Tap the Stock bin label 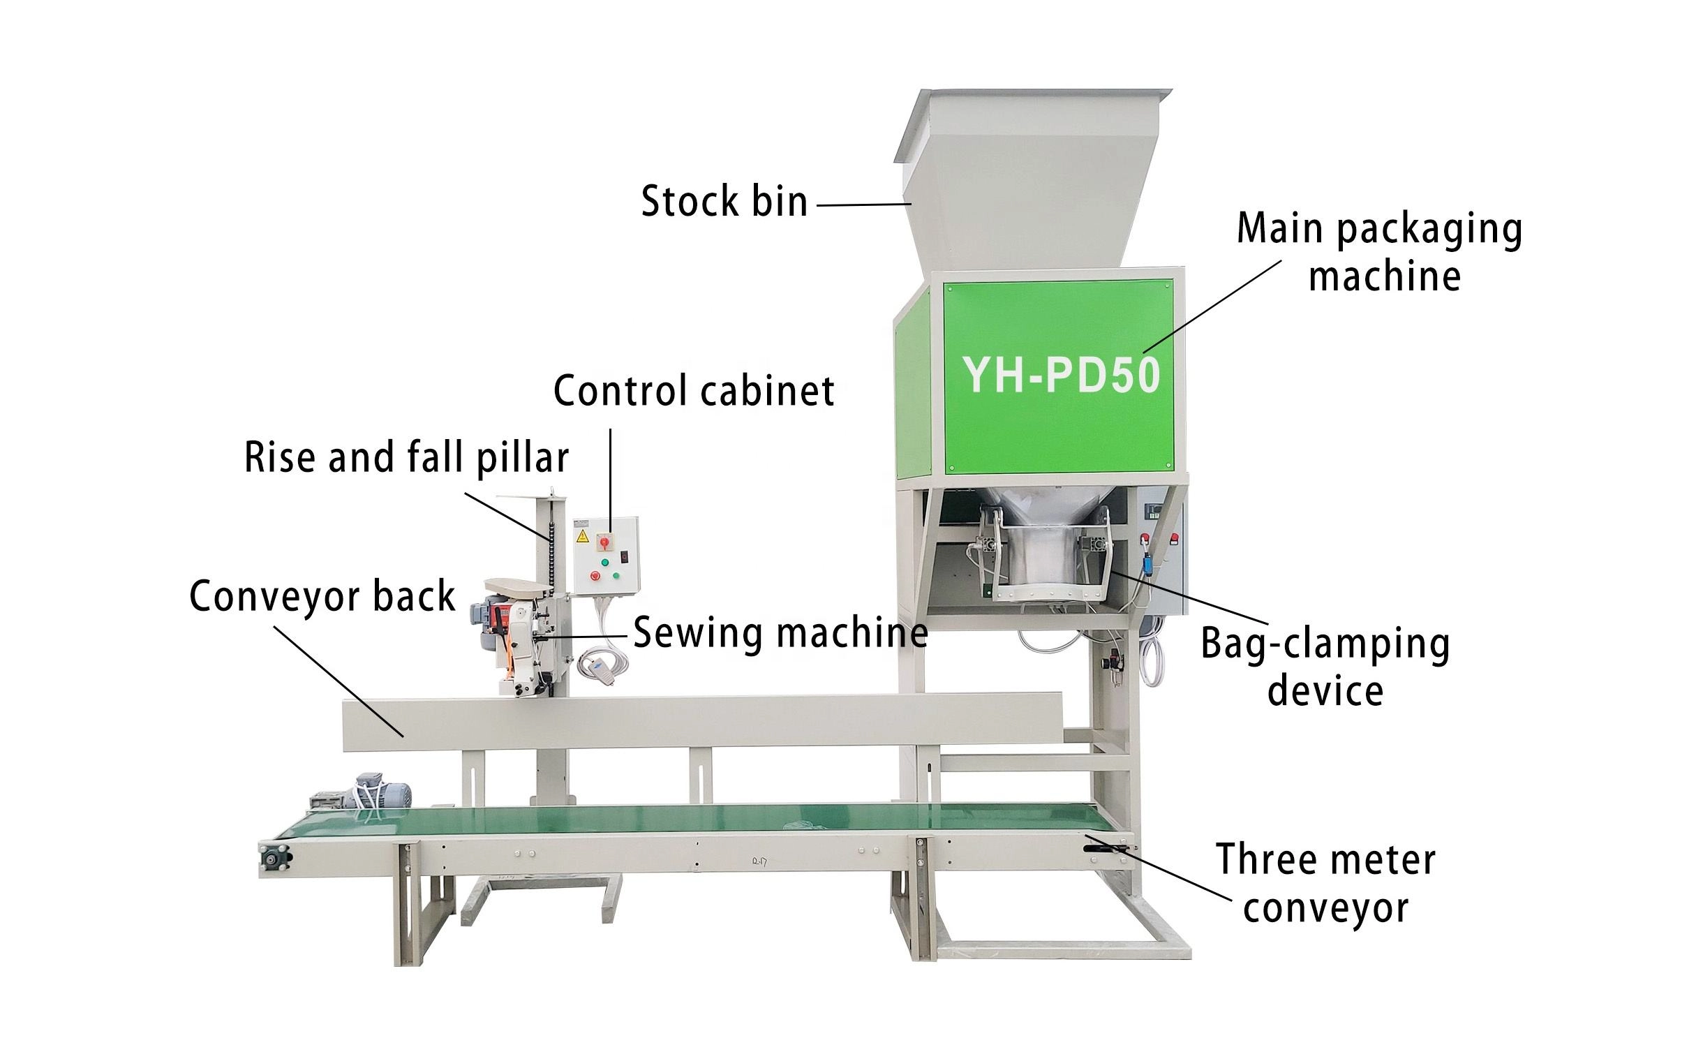click(724, 202)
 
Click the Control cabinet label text click(693, 391)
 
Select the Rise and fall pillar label click(406, 458)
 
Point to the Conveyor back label click(322, 597)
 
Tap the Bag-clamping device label click(1324, 667)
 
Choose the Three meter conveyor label click(1325, 884)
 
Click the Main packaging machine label click(1379, 253)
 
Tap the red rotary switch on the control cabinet click(604, 541)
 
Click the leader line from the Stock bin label click(863, 205)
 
